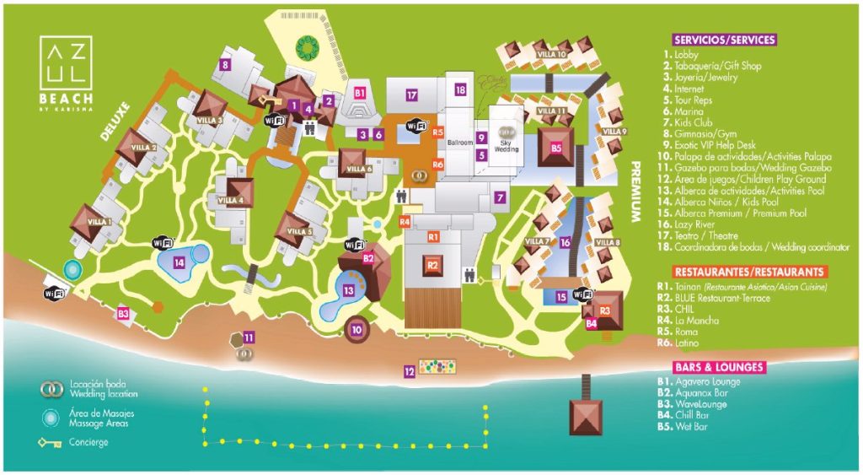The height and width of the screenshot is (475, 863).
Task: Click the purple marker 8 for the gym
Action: (224, 63)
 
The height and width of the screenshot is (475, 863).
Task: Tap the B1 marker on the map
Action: (360, 92)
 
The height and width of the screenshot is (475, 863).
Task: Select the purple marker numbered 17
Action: (411, 95)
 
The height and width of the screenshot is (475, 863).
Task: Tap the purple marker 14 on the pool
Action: (179, 262)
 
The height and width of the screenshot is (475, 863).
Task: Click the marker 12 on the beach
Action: (409, 370)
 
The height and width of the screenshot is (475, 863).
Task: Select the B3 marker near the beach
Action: (123, 314)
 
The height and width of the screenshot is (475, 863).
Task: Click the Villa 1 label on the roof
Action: (94, 222)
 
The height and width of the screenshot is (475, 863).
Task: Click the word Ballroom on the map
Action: (460, 143)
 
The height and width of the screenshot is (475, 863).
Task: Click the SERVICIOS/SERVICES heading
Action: (724, 39)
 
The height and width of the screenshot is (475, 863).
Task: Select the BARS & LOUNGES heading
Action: (719, 367)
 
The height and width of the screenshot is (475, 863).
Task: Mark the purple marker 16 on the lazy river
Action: (566, 243)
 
